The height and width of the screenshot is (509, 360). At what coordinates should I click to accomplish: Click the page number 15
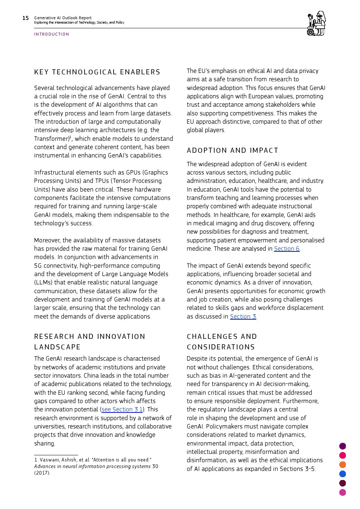pos(25,18)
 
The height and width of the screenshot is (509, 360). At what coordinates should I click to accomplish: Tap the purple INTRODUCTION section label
pos(52,34)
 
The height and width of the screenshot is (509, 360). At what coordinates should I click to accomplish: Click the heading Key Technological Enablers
pos(97,72)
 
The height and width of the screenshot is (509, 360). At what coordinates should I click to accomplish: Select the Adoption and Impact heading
pos(232,151)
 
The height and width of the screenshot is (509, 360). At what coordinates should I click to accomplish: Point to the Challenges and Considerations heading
pos(221,342)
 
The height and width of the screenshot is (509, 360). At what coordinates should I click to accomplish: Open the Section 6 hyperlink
pos(287,249)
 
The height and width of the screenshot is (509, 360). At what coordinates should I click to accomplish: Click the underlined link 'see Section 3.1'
pos(122,409)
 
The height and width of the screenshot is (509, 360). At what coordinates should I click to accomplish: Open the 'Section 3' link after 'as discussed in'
pos(243,316)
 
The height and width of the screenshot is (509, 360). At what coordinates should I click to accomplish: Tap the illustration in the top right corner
pos(316,23)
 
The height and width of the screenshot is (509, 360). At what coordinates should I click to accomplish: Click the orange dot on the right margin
pos(343,465)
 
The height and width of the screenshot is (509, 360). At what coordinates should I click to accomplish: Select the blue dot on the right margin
pos(343,474)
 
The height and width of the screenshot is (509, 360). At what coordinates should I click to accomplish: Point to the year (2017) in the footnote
pos(42,473)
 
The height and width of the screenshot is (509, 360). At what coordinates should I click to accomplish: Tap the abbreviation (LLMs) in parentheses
pos(44,282)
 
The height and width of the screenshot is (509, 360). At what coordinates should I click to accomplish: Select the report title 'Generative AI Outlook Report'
pos(63,18)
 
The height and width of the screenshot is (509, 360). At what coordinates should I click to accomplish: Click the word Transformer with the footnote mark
pos(52,139)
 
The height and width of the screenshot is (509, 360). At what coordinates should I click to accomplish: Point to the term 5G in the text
pos(38,266)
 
